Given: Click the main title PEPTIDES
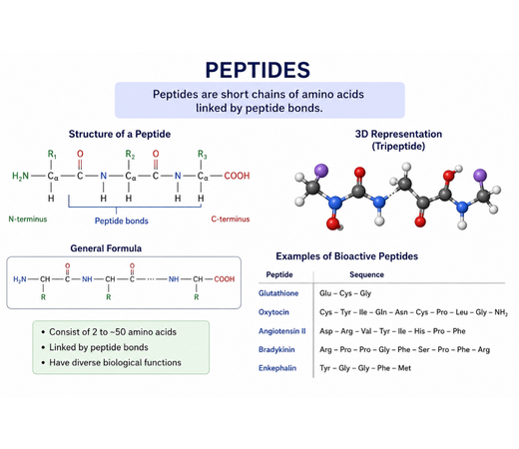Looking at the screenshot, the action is pyautogui.click(x=258, y=70).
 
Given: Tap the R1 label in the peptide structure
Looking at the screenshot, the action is pyautogui.click(x=52, y=154).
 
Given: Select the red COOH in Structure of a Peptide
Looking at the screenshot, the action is pyautogui.click(x=237, y=176).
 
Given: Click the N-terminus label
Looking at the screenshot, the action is pyautogui.click(x=28, y=220).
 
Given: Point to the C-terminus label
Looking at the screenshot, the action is pyautogui.click(x=231, y=220).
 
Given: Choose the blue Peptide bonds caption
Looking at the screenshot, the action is pyautogui.click(x=122, y=221).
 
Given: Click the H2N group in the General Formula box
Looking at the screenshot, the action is pyautogui.click(x=20, y=279).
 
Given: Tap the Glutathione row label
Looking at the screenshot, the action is pyautogui.click(x=278, y=293).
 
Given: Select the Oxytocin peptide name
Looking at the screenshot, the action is pyautogui.click(x=273, y=312).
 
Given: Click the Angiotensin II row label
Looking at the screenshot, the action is pyautogui.click(x=282, y=331).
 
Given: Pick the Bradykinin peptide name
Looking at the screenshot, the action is pyautogui.click(x=276, y=349).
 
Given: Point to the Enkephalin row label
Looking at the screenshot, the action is pyautogui.click(x=277, y=368).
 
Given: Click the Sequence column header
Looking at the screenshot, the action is pyautogui.click(x=366, y=274).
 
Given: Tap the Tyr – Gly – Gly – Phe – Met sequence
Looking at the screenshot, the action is pyautogui.click(x=365, y=368).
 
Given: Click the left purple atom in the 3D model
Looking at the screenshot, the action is pyautogui.click(x=321, y=171).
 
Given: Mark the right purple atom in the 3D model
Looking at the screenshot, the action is pyautogui.click(x=480, y=176).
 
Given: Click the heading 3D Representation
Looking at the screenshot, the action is pyautogui.click(x=398, y=134).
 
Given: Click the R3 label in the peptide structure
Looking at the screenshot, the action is pyautogui.click(x=203, y=154).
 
